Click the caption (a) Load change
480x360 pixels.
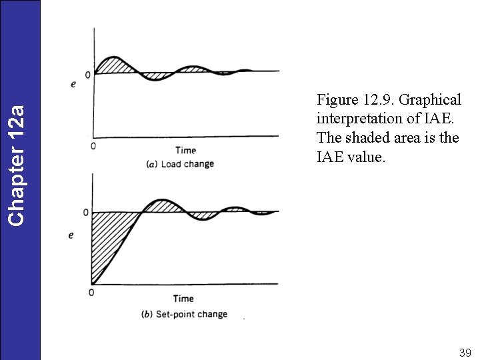point(180,164)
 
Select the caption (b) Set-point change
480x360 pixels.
point(185,314)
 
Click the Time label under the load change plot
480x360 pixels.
point(185,150)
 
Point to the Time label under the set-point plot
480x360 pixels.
point(183,299)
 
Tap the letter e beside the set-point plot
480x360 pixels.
point(71,235)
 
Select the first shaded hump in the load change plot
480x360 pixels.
point(115,65)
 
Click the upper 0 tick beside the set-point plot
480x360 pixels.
point(85,213)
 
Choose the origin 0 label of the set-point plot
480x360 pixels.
point(91,293)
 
